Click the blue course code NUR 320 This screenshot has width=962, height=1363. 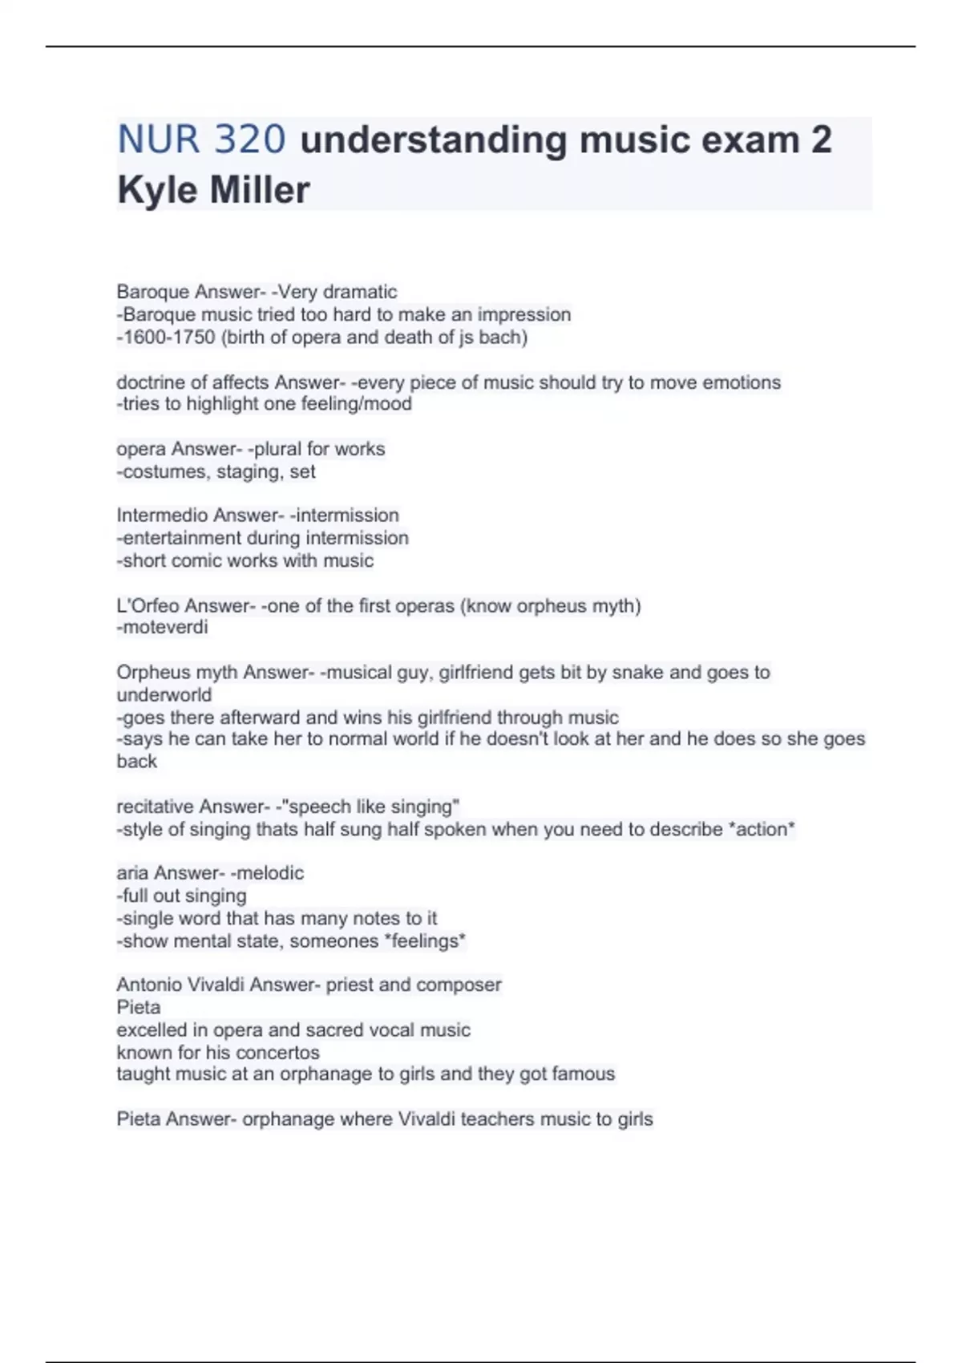(201, 140)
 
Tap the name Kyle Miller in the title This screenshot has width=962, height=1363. (213, 190)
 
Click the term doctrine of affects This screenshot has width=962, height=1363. (192, 382)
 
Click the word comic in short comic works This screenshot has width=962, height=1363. (203, 560)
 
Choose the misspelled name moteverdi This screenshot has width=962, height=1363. (164, 627)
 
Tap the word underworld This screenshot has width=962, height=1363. (164, 694)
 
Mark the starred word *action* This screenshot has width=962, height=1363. (761, 829)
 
